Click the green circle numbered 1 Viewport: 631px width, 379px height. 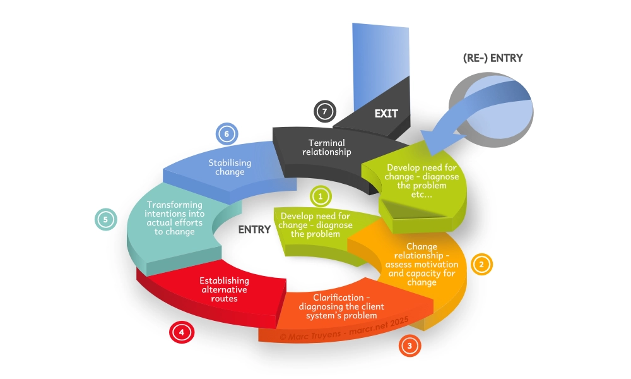pyautogui.click(x=320, y=196)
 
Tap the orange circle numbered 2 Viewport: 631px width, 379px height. pyautogui.click(x=481, y=265)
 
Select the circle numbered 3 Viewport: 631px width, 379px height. pyautogui.click(x=410, y=346)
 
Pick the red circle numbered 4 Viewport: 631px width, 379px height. pyautogui.click(x=181, y=332)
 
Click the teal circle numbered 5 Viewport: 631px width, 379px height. pyautogui.click(x=105, y=220)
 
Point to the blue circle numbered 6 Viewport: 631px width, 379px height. pyautogui.click(x=225, y=133)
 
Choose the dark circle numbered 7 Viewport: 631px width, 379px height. pyautogui.click(x=324, y=111)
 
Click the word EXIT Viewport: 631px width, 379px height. pyautogui.click(x=386, y=114)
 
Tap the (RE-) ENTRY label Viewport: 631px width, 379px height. pyautogui.click(x=493, y=58)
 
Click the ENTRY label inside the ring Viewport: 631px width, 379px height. pyautogui.click(x=254, y=229)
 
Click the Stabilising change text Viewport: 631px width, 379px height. pyautogui.click(x=230, y=167)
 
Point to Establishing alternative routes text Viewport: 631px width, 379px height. pyautogui.click(x=224, y=289)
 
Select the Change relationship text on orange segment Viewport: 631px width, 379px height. pyautogui.click(x=422, y=264)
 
